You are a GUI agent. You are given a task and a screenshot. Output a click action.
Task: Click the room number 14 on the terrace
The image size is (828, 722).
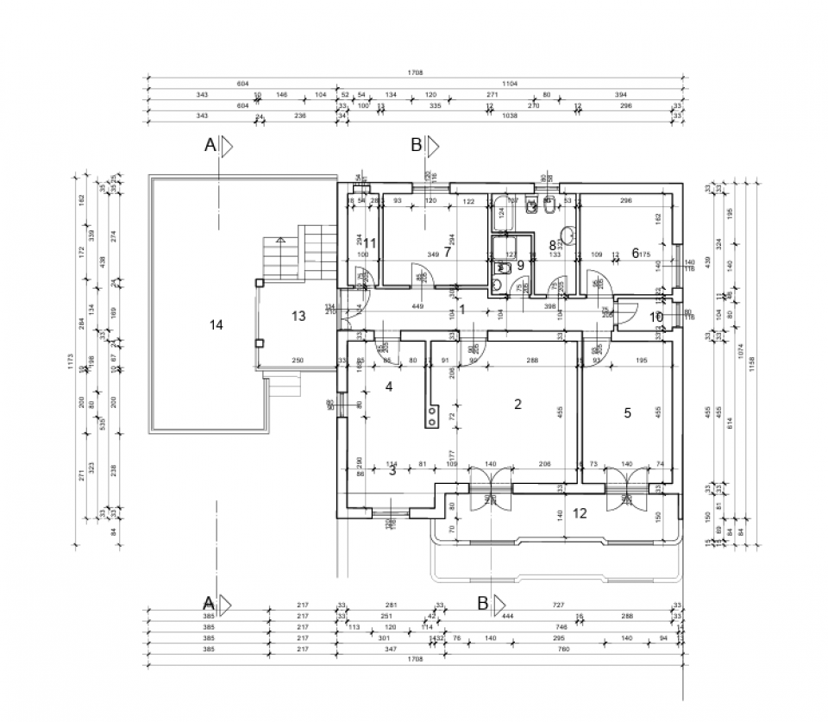[x=216, y=324]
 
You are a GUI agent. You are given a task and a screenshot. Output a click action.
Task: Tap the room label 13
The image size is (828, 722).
[x=298, y=317]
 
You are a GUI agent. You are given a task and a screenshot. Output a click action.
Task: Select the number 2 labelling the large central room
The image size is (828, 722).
[x=517, y=403]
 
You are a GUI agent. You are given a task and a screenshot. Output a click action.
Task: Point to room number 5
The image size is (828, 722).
[x=627, y=413]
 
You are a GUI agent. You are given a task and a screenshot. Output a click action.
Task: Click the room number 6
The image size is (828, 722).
[x=635, y=253]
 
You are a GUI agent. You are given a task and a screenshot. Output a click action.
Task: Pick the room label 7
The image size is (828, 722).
[x=448, y=252]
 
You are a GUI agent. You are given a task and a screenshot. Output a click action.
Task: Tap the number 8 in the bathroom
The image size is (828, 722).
[x=553, y=245]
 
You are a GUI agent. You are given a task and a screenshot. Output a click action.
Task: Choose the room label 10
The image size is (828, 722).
[x=655, y=317]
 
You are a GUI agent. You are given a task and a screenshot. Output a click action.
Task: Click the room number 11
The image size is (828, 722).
[x=370, y=243]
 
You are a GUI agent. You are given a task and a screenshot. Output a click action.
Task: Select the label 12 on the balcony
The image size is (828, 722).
[x=580, y=513]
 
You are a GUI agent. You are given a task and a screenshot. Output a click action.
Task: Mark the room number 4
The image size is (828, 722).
[x=389, y=387]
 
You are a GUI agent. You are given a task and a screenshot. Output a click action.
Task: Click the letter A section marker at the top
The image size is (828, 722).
[x=210, y=147]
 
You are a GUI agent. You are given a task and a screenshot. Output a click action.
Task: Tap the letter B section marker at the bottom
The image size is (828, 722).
[x=483, y=603]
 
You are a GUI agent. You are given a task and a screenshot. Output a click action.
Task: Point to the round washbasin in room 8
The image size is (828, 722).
[x=568, y=235]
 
